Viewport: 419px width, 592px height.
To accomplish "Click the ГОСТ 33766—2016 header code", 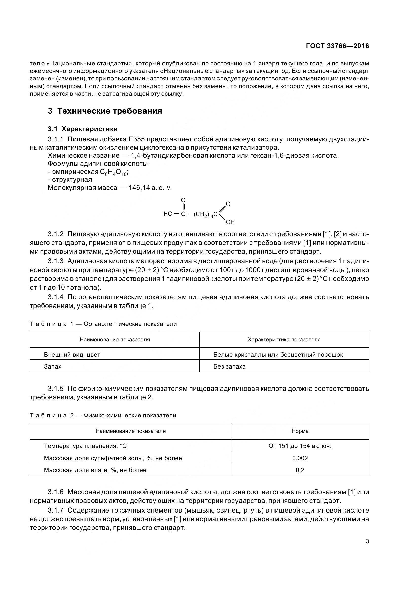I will tap(337, 46).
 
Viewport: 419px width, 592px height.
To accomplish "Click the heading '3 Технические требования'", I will tap(105, 111).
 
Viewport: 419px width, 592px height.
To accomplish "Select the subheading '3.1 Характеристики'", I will tap(83, 129).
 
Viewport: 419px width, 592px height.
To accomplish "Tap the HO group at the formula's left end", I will tap(168, 214).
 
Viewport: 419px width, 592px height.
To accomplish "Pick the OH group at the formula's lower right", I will tap(230, 222).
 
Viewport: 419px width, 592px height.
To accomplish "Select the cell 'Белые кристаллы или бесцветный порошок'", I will tap(278, 355).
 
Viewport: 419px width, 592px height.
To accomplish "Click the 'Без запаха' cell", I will tap(229, 366).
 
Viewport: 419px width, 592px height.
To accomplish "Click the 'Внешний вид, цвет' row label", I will tap(72, 355).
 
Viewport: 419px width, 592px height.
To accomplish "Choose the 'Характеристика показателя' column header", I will tap(284, 340).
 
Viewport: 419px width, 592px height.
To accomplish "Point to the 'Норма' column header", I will tap(300, 431).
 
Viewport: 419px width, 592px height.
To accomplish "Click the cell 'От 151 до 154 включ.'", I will tap(300, 446).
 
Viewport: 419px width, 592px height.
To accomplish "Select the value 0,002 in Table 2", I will tap(300, 458).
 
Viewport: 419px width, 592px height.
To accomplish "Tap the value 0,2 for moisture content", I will tap(300, 470).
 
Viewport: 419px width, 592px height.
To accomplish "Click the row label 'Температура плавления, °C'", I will tap(85, 446).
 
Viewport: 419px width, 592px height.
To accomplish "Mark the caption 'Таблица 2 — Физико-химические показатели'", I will tap(103, 415).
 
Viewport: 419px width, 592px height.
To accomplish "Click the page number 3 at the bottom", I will tap(367, 541).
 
